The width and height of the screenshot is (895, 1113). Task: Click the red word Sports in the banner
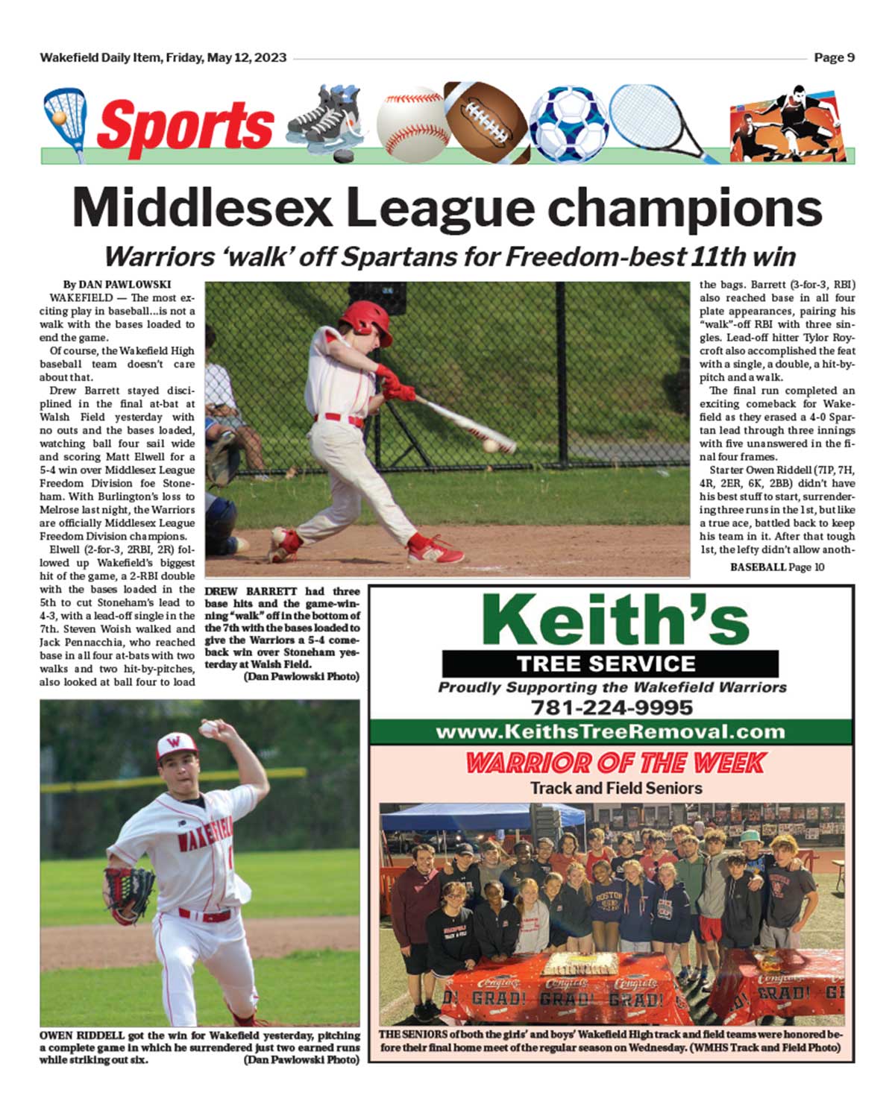pos(185,124)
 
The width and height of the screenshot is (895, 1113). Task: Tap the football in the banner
pos(486,119)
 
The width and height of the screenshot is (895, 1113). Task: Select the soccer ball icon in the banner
pos(568,124)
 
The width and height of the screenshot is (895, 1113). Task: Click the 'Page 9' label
pos(834,57)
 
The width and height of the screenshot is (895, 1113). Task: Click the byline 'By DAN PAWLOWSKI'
pos(117,284)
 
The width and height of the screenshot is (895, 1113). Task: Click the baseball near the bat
pos(490,445)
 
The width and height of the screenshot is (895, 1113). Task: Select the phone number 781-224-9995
pos(612,707)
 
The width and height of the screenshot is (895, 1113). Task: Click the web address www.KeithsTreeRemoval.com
pos(610,731)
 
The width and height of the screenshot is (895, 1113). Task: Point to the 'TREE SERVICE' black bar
pos(610,663)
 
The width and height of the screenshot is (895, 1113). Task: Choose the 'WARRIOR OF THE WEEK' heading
pos(615,763)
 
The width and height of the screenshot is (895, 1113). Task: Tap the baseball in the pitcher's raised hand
pos(207,728)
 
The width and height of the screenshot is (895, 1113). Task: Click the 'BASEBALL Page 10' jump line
pos(777,567)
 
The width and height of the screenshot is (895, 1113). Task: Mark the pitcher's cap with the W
pos(176,745)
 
